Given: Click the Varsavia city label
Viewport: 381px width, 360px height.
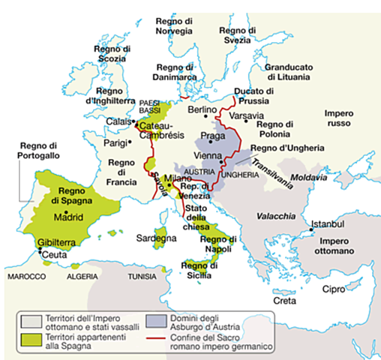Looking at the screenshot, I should (x=246, y=116).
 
